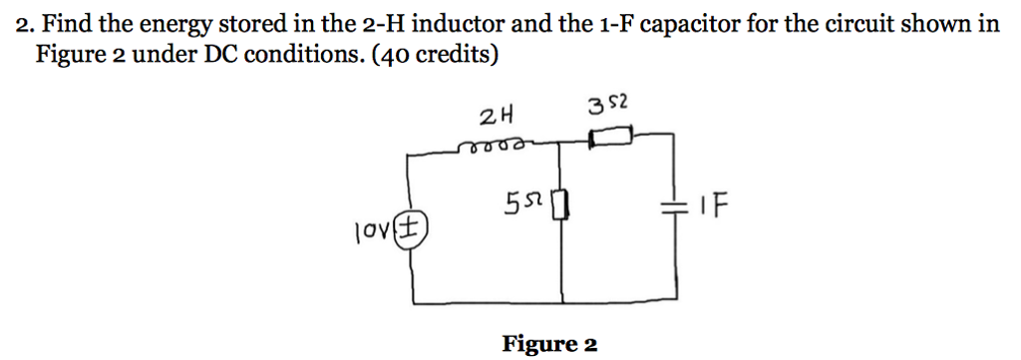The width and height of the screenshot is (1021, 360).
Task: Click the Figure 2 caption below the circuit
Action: pos(549,344)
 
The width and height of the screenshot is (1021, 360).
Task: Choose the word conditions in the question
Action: pos(304,54)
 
